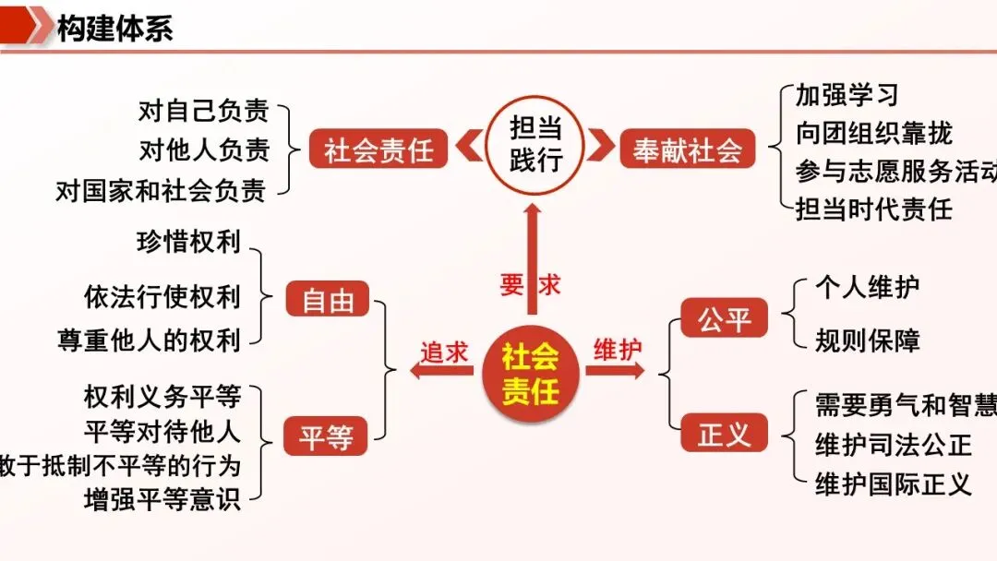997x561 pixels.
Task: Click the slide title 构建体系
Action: [114, 28]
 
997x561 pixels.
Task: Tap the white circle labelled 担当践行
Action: [535, 146]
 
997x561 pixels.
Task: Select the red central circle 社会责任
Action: [531, 373]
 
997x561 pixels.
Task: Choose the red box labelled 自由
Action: [328, 301]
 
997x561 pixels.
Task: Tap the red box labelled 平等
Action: [327, 436]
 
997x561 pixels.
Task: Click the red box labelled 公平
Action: [725, 319]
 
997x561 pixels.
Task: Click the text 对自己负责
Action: [203, 112]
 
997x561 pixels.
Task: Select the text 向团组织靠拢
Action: [873, 134]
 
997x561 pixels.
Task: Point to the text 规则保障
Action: [867, 340]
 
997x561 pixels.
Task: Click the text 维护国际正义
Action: [893, 483]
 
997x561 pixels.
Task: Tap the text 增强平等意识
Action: [162, 501]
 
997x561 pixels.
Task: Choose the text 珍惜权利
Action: [187, 242]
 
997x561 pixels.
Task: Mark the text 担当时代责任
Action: [873, 209]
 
